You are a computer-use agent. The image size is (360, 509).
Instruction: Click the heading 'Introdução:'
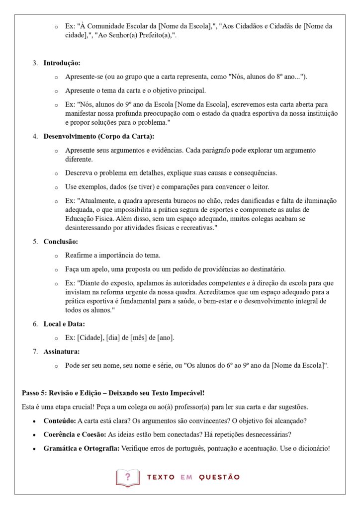(62, 63)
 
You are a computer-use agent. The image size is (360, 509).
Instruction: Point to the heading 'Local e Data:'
(64, 324)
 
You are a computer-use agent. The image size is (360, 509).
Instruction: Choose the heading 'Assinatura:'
(62, 351)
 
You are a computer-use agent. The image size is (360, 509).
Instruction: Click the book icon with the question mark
(128, 477)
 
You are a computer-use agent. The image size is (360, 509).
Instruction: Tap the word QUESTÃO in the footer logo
(219, 477)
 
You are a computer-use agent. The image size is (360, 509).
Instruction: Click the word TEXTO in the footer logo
(161, 477)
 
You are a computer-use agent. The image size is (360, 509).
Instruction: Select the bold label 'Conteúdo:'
(60, 421)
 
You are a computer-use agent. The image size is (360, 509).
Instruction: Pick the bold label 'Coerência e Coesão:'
(75, 434)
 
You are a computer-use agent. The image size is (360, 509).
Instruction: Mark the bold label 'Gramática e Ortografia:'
(81, 448)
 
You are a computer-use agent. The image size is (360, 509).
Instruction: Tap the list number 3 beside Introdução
(35, 63)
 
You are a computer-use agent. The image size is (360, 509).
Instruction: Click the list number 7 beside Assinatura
(35, 351)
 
